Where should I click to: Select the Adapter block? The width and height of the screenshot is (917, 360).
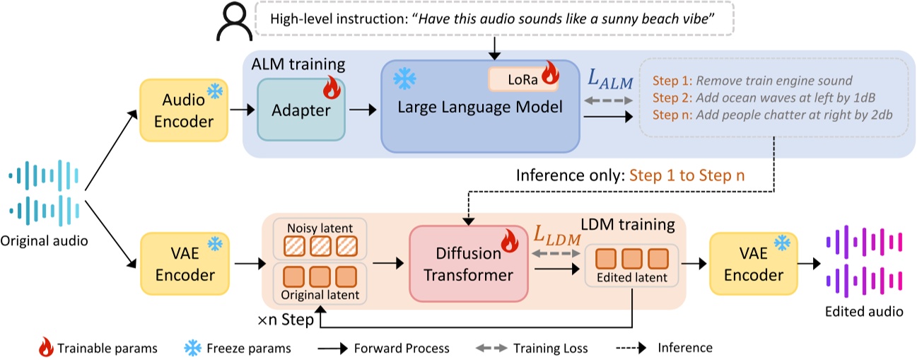300,111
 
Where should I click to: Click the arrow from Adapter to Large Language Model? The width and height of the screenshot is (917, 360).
362,110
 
